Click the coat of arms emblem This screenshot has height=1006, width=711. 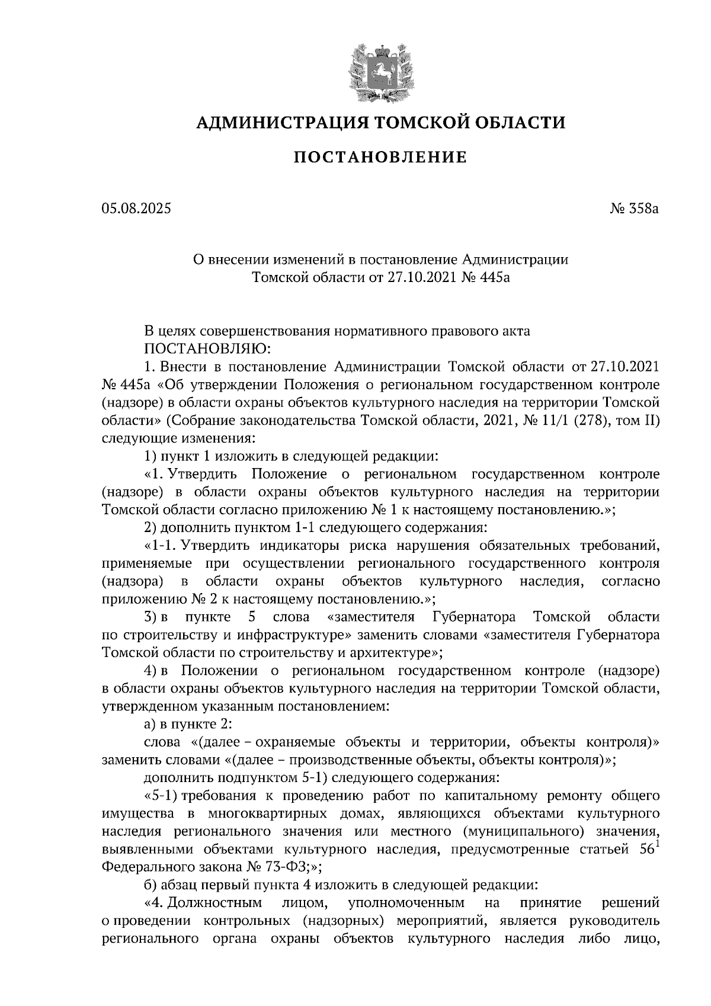click(x=380, y=70)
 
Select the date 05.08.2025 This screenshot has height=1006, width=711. click(x=136, y=209)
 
